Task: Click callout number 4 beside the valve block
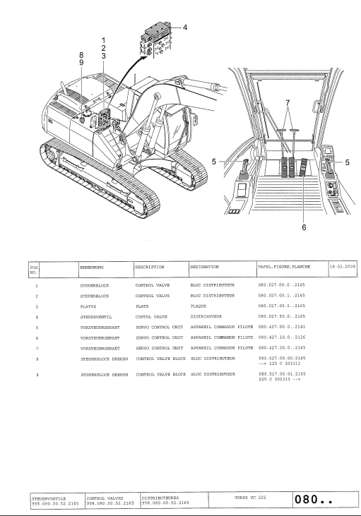tap(185, 28)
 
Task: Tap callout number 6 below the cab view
tap(304, 227)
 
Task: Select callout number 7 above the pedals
tap(288, 103)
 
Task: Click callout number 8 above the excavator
tap(81, 55)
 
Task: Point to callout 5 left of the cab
tap(214, 162)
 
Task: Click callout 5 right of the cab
tap(347, 162)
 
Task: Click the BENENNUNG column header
tap(92, 268)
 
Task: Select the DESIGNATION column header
tap(204, 267)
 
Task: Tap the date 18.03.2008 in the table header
tap(343, 267)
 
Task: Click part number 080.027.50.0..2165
tap(282, 316)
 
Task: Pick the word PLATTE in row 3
tap(88, 306)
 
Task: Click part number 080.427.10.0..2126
tap(282, 337)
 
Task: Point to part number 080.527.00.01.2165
tap(283, 374)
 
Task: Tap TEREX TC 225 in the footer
tap(250, 498)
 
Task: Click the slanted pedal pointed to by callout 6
tap(303, 167)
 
